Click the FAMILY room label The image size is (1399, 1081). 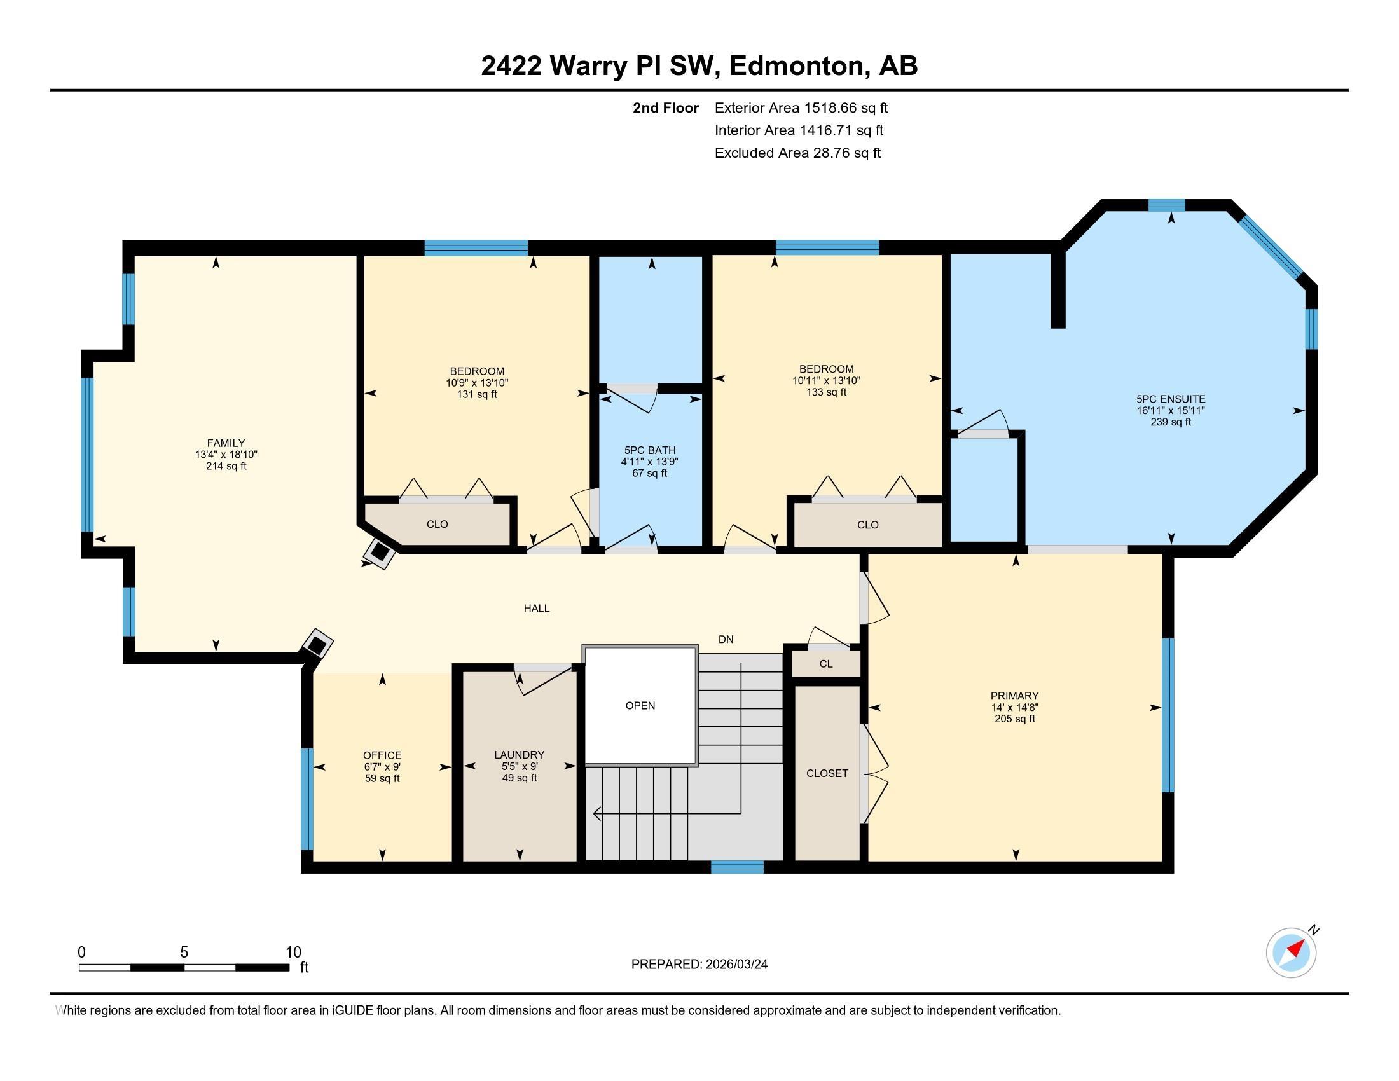coord(226,443)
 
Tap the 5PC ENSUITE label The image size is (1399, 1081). coord(1170,399)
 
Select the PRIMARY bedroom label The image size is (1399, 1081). coord(1014,696)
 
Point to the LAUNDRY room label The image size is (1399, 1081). coord(519,755)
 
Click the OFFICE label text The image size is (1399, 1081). coord(382,755)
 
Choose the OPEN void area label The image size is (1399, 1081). coord(640,705)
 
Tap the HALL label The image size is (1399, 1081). coord(536,609)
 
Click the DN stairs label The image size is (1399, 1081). coord(725,639)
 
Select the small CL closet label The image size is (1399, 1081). coord(825,664)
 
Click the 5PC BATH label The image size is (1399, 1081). coord(649,450)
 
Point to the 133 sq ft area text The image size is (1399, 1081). coord(825,392)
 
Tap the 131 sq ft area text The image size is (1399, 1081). coord(476,394)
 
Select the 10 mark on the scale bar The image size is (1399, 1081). coord(293,952)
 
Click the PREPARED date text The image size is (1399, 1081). coord(699,964)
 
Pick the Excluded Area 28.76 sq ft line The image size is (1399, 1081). coord(797,153)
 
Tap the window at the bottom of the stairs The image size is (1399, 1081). coord(736,867)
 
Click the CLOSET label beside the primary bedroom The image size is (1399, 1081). coord(826,773)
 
